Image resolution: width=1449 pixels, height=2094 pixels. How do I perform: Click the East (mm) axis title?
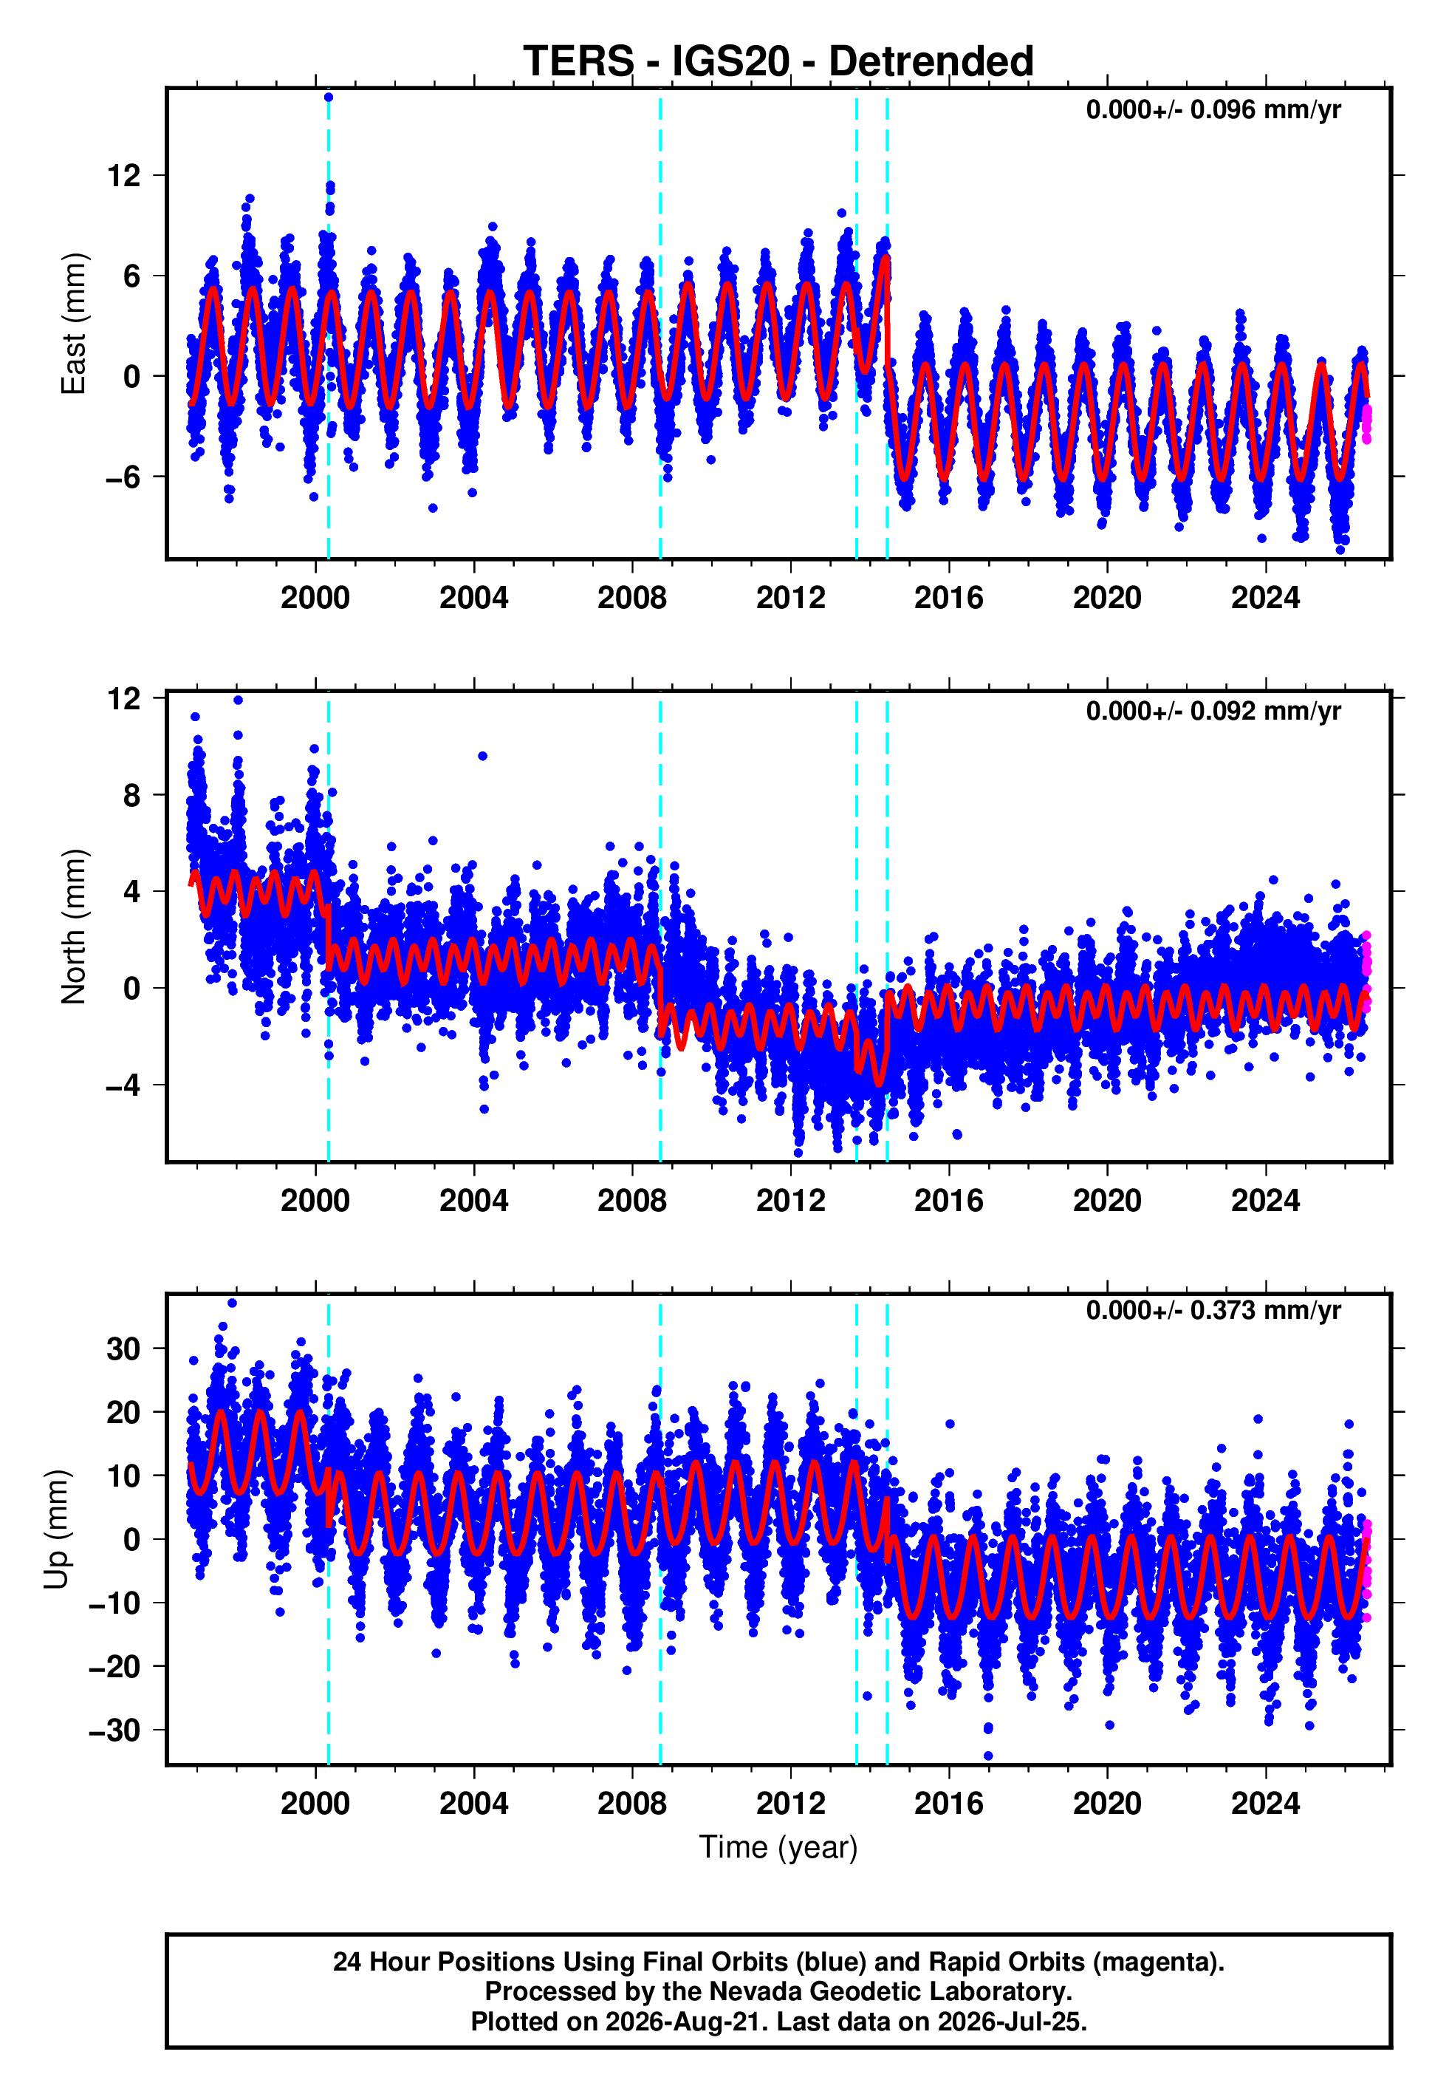(x=72, y=324)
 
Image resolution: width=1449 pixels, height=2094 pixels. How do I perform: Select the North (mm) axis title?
(x=72, y=927)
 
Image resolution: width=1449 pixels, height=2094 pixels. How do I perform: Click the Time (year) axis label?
(x=778, y=1847)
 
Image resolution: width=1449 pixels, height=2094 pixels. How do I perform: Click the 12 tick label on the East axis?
(x=124, y=175)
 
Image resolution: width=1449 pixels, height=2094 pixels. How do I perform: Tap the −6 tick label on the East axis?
(x=123, y=477)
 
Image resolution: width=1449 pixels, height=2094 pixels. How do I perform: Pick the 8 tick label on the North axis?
(x=132, y=796)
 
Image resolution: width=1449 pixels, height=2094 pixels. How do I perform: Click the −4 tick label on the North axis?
(x=123, y=1085)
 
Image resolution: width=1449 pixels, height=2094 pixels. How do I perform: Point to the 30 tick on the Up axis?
(x=124, y=1349)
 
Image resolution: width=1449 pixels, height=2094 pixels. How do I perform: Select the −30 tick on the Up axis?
(x=115, y=1730)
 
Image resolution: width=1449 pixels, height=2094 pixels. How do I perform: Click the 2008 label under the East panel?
(x=632, y=598)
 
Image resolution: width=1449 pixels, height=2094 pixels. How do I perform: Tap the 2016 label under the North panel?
(x=949, y=1201)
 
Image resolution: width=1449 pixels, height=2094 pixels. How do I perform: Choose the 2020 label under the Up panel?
(x=1107, y=1804)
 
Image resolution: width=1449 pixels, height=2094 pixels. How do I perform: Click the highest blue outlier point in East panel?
(x=329, y=97)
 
